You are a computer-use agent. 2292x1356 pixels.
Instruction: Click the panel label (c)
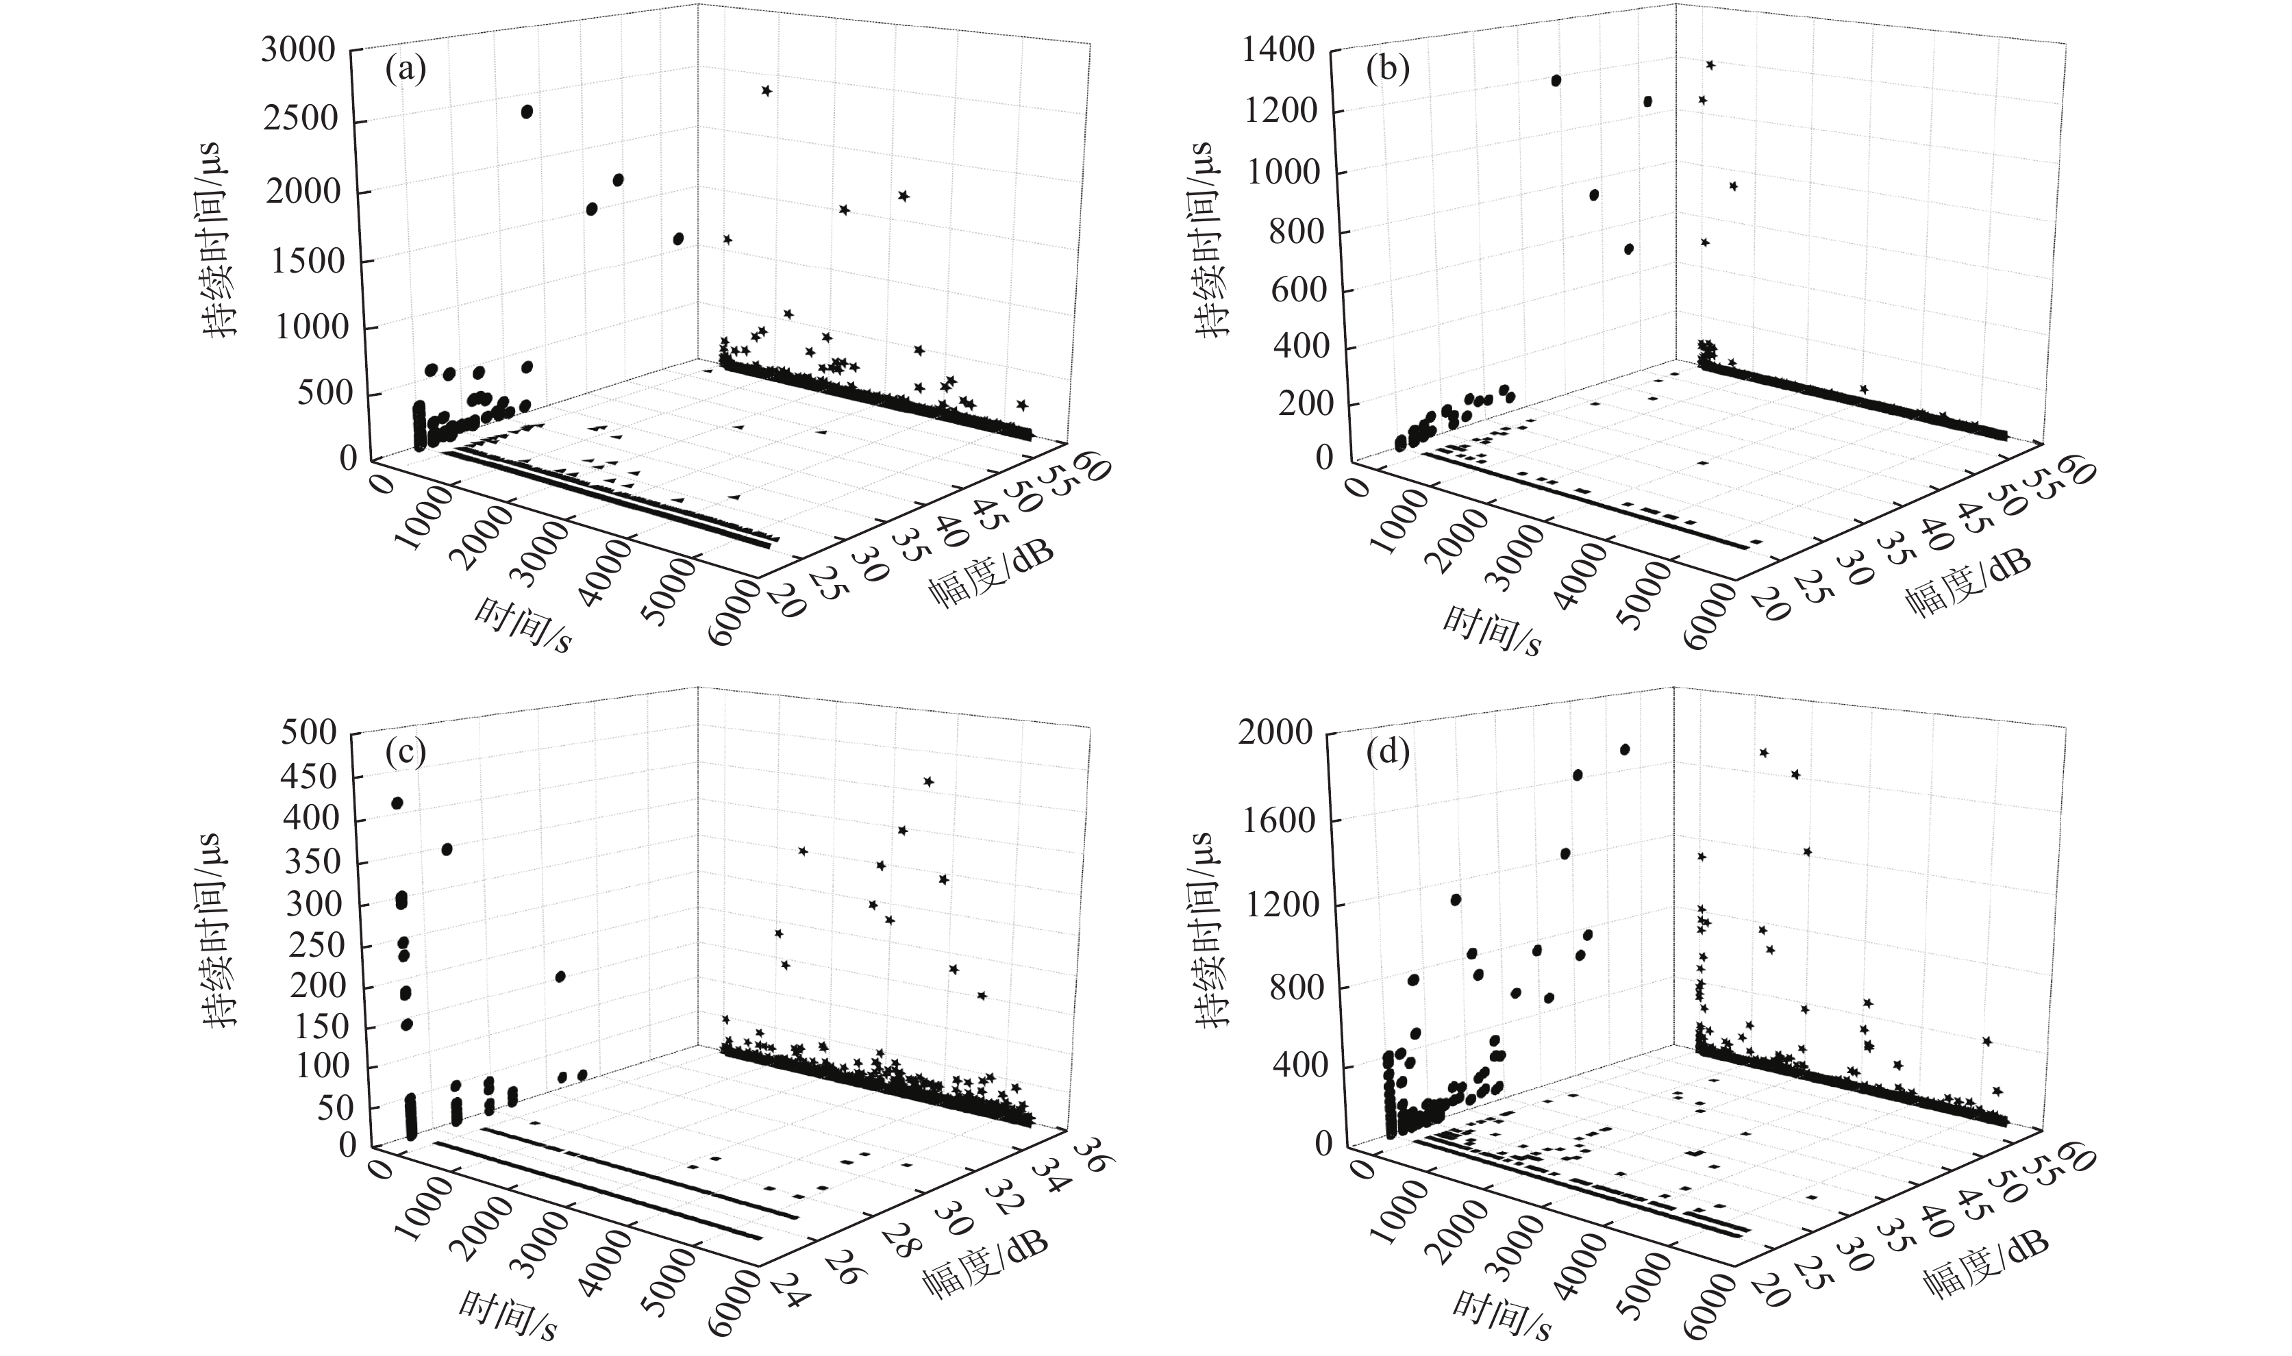(x=406, y=753)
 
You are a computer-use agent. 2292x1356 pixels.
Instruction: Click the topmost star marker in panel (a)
(x=766, y=90)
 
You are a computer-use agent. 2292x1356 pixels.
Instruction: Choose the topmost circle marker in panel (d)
(x=1625, y=750)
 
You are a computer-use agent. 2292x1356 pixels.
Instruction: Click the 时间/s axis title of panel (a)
(x=523, y=626)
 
